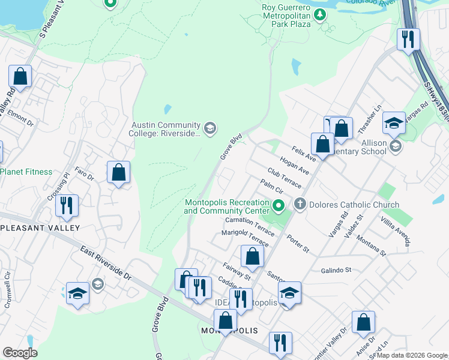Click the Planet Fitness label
(26, 172)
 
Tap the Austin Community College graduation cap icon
(209, 127)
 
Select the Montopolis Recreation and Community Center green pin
(278, 206)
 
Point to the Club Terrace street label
(285, 178)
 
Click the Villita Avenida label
(397, 232)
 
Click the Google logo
(20, 353)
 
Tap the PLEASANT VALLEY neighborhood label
(41, 228)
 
